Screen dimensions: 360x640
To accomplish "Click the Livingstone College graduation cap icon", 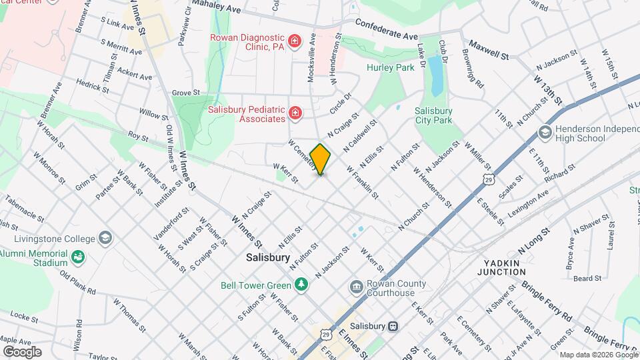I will click(105, 238).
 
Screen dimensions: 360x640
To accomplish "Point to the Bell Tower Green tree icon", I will click(302, 285).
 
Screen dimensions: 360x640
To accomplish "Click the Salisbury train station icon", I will click(393, 326).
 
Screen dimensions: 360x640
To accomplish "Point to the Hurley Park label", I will click(386, 67).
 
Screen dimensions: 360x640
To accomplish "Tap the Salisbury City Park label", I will click(433, 115).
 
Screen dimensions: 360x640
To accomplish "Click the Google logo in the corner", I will click(22, 351).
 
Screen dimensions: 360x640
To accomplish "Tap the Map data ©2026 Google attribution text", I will click(598, 355).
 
